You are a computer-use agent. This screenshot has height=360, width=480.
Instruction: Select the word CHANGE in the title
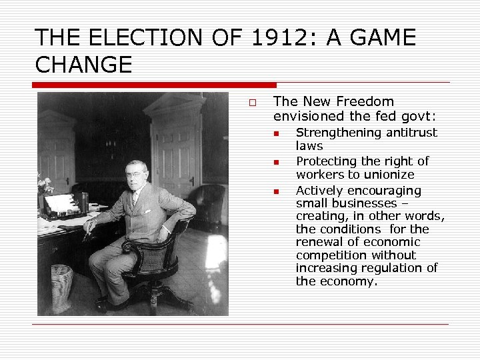tap(83, 65)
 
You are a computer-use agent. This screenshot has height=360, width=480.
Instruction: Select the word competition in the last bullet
tap(328, 255)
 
